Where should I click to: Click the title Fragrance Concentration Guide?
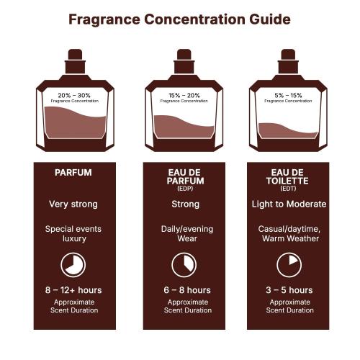coord(179,19)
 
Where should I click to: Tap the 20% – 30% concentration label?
coord(73,94)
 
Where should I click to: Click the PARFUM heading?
coord(73,173)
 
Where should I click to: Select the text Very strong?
coord(73,204)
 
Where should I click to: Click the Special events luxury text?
coord(73,233)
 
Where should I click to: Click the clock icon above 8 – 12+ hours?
coord(73,264)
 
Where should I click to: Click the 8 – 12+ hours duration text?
coord(73,290)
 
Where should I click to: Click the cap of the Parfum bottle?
coord(75,58)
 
